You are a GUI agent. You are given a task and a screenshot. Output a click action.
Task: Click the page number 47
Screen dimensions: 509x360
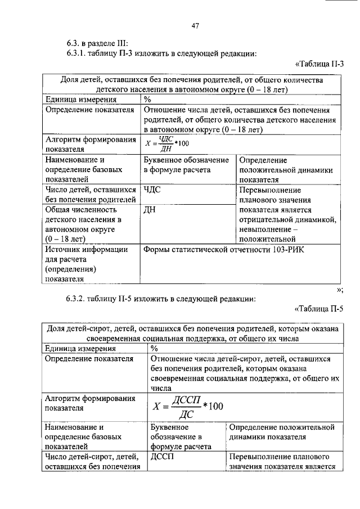coord(195,25)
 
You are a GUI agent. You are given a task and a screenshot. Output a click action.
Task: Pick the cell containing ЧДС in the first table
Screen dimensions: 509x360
coord(152,190)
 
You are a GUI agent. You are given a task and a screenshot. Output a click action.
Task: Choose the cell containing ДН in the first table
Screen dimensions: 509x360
coord(150,210)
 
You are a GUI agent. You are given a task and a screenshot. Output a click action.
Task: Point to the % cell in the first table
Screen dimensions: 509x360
coord(148,100)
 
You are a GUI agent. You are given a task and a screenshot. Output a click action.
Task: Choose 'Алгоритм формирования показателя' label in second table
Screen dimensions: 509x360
coord(89,403)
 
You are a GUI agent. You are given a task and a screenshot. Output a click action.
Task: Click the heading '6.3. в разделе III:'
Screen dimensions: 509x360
coord(94,43)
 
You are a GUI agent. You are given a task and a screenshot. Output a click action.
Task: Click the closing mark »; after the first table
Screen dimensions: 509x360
coord(339,289)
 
